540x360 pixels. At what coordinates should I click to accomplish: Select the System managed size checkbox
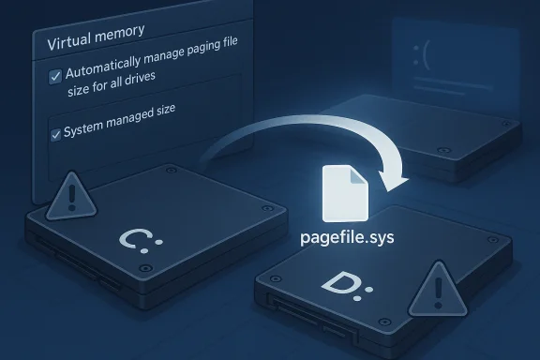tap(54, 135)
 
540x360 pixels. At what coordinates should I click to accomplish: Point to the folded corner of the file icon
tap(356, 175)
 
